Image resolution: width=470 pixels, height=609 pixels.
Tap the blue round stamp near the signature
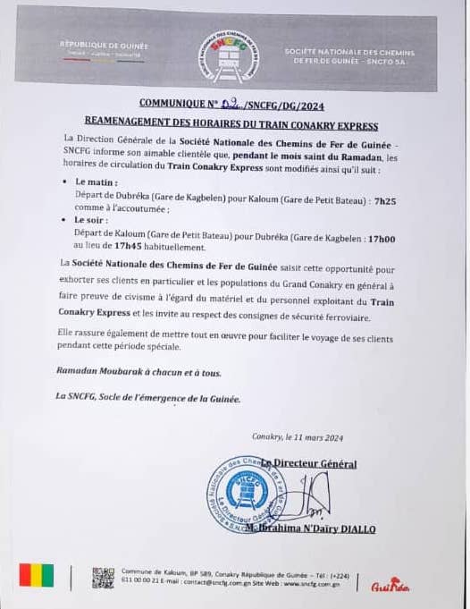coord(244,495)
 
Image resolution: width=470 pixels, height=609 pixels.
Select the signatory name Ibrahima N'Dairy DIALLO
coord(319,529)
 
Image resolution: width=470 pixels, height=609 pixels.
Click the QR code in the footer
coord(104,578)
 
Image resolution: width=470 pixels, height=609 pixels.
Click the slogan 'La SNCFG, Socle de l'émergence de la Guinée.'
coord(147,397)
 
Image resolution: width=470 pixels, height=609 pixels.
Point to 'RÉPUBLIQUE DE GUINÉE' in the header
coord(104,45)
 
